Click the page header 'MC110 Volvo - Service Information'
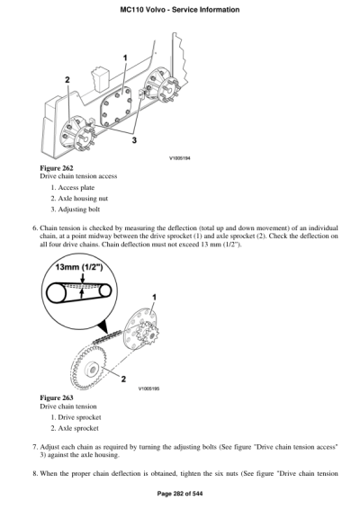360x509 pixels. (x=179, y=9)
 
